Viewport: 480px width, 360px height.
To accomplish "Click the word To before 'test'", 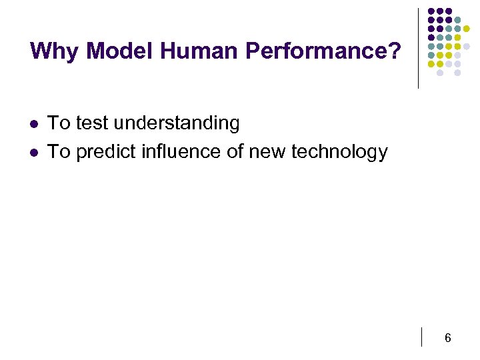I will click(59, 123).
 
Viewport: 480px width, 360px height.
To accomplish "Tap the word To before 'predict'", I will click(59, 152).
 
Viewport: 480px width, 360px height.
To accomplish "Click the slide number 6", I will click(447, 338).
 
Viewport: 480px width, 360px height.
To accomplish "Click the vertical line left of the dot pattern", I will click(418, 48).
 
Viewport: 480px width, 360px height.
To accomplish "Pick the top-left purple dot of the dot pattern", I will click(431, 11).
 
